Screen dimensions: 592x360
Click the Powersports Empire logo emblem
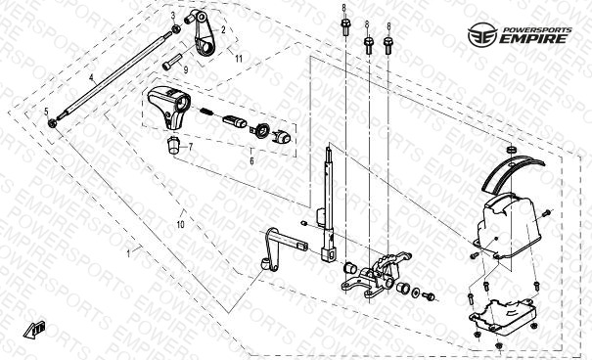coord(482,34)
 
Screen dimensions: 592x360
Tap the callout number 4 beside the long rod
coord(91,77)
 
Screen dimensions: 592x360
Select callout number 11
coord(238,59)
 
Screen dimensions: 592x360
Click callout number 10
coord(180,225)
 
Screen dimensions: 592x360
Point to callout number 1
coord(128,253)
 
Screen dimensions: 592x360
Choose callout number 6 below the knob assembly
coord(251,160)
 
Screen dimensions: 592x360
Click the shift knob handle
coord(169,108)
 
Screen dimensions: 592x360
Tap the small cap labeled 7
coord(173,146)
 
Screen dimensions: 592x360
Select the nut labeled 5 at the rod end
coord(52,122)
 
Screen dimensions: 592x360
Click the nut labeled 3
coord(175,29)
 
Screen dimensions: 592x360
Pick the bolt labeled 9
coord(172,62)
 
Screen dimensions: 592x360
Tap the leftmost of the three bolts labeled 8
coord(345,26)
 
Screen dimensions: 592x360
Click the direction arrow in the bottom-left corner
coord(34,330)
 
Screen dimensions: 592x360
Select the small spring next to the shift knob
coord(206,112)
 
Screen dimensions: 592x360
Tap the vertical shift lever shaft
coord(329,203)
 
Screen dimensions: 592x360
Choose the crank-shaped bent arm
coord(280,247)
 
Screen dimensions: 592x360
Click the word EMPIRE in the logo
coord(533,38)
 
